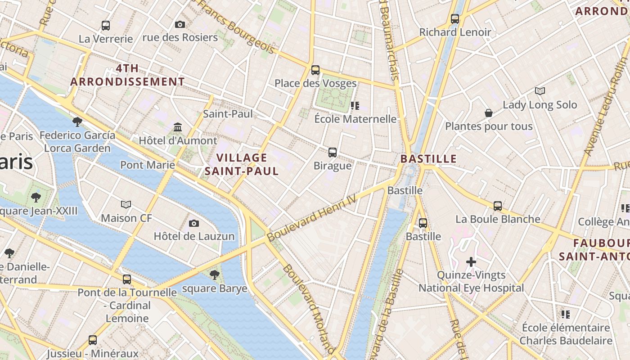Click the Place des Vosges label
point(315,83)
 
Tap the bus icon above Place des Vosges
point(315,70)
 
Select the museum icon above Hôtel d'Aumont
point(178,127)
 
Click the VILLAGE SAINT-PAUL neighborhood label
point(242,164)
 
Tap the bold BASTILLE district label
point(428,159)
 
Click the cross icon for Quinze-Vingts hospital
point(471,262)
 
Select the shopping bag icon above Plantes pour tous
point(489,113)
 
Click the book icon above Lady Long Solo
point(540,91)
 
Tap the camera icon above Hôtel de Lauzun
point(194,223)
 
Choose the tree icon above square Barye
point(215,274)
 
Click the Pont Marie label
point(148,165)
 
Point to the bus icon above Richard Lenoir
point(455,19)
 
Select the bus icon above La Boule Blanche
point(498,206)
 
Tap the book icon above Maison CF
point(126,205)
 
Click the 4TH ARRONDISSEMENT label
point(127,75)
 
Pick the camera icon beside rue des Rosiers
point(180,24)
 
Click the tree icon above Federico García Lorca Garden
point(77,121)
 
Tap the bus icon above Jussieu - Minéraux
point(93,340)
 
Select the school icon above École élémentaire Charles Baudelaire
point(566,314)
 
